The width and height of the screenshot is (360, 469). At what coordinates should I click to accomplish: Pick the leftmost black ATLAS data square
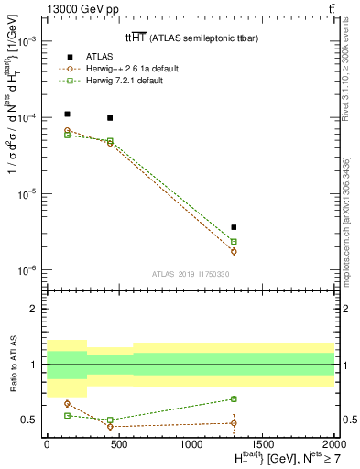point(68,115)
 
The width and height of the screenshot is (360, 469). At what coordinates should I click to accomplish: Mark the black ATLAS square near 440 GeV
point(110,118)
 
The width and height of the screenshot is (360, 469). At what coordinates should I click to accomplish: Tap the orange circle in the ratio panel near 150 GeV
point(68,403)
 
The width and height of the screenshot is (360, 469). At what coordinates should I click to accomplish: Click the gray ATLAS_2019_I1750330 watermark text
point(190,273)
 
